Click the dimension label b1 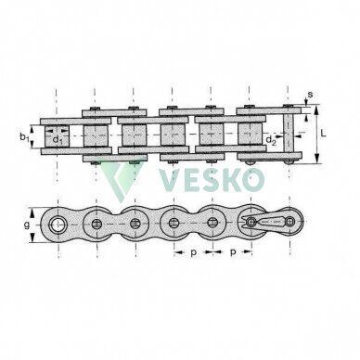(24, 136)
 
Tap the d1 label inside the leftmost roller (58, 140)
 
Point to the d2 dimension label (271, 140)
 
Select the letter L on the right (324, 134)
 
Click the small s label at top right (310, 94)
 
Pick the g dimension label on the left (27, 225)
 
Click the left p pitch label (193, 252)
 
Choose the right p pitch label (233, 252)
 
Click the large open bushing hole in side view (58, 225)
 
